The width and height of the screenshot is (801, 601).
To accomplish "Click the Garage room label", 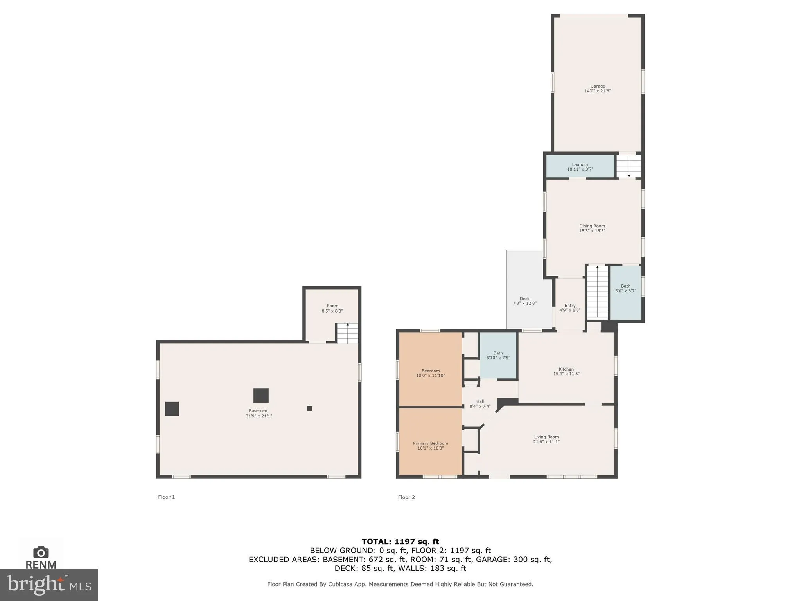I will coord(597,86).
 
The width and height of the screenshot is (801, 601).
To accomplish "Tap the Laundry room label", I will coord(580,164).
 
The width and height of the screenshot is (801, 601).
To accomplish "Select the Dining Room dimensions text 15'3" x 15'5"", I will coord(592,231).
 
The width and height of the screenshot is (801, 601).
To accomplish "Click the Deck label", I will coord(524,299).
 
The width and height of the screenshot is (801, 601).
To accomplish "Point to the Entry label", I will coord(570,306).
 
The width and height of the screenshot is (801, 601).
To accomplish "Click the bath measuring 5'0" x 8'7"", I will coord(625,288).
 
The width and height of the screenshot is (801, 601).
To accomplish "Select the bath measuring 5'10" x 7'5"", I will coord(498,355).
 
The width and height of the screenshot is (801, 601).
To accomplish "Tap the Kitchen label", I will coord(566,369).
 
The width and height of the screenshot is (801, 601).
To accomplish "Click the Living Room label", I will coord(546,437).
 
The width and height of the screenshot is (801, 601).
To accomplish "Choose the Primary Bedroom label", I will coord(430,443).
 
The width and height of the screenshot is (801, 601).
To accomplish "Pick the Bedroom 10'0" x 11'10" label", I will coord(430,371).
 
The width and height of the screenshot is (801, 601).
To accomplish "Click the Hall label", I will coord(480,401).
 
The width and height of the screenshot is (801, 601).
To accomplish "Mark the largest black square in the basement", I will coord(261,395).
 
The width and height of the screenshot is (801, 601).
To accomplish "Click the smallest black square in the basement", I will coord(309,408).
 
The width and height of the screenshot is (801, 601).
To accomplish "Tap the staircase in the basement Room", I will coord(347,333).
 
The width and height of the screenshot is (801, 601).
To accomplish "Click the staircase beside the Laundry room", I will coord(629,166).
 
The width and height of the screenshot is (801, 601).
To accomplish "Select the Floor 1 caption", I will coord(166,497).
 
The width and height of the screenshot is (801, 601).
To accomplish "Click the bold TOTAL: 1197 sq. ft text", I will coord(400,542).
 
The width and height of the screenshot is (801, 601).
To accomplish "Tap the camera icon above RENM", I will coord(41,552).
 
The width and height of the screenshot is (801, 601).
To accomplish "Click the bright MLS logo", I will coord(48,585).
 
